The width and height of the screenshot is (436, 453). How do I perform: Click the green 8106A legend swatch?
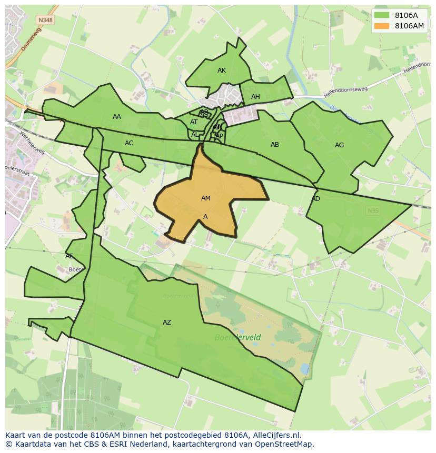(382, 16)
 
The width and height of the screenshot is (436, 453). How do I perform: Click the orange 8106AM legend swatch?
(382, 26)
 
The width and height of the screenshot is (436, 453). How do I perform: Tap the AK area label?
(222, 71)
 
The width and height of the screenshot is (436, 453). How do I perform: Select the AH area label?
(255, 97)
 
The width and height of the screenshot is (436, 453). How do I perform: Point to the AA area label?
(117, 117)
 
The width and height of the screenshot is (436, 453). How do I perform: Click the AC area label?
(129, 143)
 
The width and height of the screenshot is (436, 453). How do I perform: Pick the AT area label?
(194, 122)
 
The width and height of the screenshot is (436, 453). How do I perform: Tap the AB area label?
(275, 145)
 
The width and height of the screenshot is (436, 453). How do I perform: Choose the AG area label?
(339, 145)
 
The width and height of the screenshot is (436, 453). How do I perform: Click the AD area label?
(316, 199)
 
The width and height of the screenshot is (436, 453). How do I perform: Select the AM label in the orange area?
(206, 198)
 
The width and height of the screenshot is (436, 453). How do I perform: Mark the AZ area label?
(167, 323)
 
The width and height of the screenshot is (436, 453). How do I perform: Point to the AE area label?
(70, 256)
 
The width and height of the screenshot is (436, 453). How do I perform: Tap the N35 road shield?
(373, 211)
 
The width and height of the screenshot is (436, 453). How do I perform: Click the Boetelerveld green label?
(238, 337)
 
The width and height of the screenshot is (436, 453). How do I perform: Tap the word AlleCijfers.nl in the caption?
(275, 435)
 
